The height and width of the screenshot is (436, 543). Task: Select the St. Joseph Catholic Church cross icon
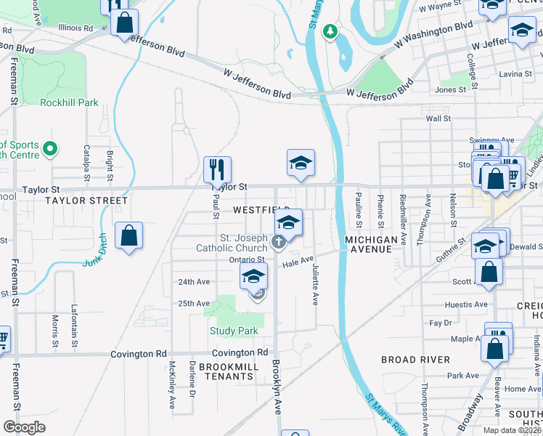click(277, 242)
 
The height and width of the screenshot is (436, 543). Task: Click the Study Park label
click(234, 331)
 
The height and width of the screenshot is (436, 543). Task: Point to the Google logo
click(25, 427)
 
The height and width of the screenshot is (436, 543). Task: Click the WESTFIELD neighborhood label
click(261, 209)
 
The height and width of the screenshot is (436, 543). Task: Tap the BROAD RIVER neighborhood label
click(415, 360)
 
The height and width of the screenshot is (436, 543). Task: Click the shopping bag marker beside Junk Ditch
click(128, 235)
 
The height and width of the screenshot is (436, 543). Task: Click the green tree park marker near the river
click(330, 31)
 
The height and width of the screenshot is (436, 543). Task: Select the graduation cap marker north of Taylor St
click(301, 163)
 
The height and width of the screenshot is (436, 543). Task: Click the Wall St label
click(438, 118)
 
